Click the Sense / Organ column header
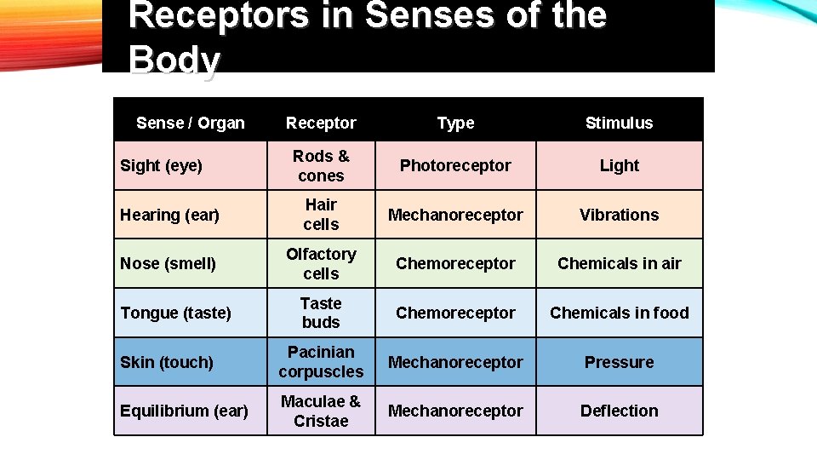pyautogui.click(x=190, y=123)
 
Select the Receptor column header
pyautogui.click(x=321, y=123)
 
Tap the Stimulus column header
pyautogui.click(x=619, y=123)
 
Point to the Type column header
pyautogui.click(x=455, y=123)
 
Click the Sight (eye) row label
pyautogui.click(x=162, y=165)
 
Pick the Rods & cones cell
pyautogui.click(x=321, y=166)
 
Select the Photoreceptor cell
pyautogui.click(x=455, y=165)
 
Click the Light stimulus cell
pyautogui.click(x=619, y=165)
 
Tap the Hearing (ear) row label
pyautogui.click(x=169, y=215)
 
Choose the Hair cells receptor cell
pyautogui.click(x=321, y=215)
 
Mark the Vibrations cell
pyautogui.click(x=619, y=215)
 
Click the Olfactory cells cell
pyautogui.click(x=321, y=263)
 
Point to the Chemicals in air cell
pyautogui.click(x=619, y=263)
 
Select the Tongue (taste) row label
pyautogui.click(x=175, y=313)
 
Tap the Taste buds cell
pyautogui.click(x=321, y=313)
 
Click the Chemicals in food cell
pyautogui.click(x=619, y=313)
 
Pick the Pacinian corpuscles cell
pyautogui.click(x=321, y=362)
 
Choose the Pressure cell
pyautogui.click(x=619, y=362)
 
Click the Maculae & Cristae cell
pyautogui.click(x=321, y=411)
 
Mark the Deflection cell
pyautogui.click(x=619, y=411)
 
